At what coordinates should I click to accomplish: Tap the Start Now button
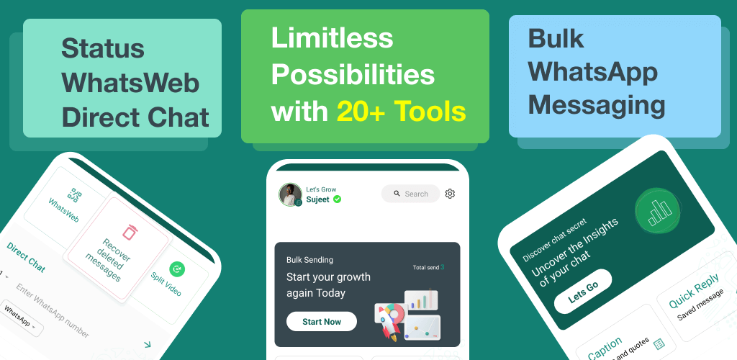(322, 321)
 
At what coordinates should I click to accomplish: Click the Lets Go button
(583, 292)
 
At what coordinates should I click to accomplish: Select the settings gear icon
(450, 194)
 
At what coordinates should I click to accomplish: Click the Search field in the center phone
(410, 194)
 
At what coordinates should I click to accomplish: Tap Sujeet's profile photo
(291, 194)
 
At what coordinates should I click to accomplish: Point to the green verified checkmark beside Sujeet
(337, 199)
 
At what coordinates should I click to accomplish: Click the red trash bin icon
(130, 232)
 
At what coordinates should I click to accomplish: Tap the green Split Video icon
(177, 269)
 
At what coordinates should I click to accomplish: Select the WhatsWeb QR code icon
(74, 195)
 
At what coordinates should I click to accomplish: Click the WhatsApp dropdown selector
(21, 318)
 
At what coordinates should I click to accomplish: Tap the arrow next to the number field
(148, 344)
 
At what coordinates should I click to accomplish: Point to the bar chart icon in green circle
(657, 210)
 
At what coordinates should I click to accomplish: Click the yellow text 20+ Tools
(402, 112)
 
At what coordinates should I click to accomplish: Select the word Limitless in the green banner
(332, 38)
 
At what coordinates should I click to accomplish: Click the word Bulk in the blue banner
(556, 38)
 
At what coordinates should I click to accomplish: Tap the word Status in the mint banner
(102, 48)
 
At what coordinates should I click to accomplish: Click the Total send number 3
(443, 267)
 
